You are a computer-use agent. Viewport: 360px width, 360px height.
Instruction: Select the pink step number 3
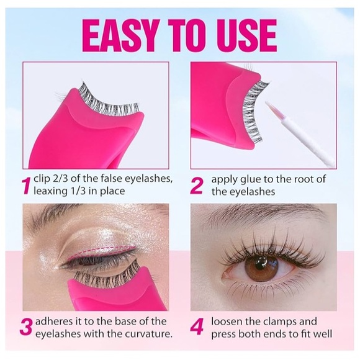[27, 328]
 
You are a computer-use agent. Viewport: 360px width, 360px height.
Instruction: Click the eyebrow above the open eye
[261, 214]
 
